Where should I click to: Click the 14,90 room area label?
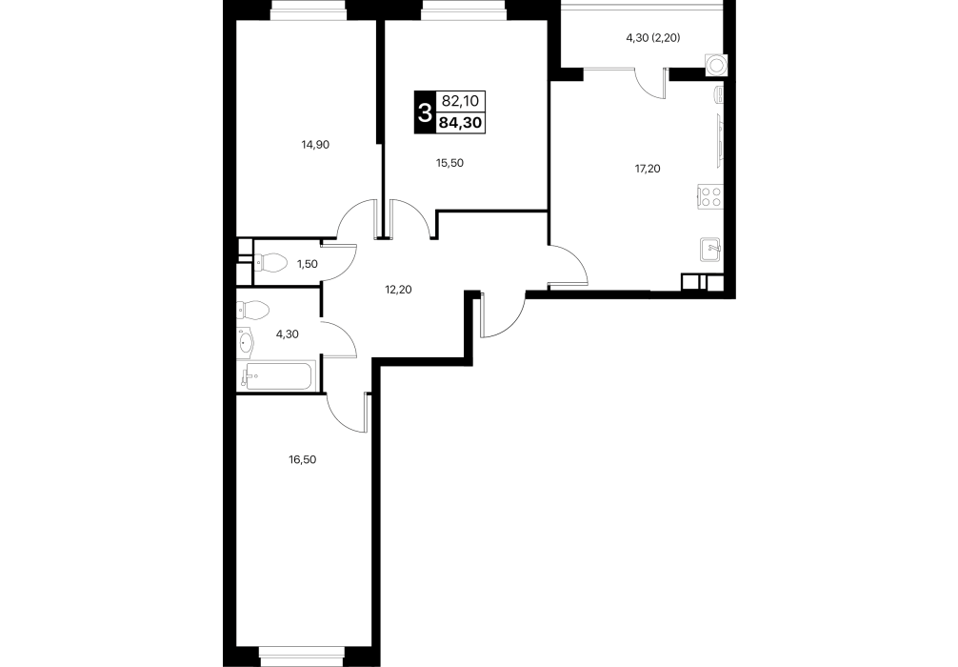315,145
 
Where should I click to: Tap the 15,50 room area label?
449,163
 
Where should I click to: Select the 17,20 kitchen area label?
648,169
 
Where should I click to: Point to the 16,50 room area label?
303,459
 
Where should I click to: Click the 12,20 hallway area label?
398,290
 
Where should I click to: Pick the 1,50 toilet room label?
308,264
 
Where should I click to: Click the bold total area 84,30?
460,123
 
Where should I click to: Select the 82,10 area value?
459,100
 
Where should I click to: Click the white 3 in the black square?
424,111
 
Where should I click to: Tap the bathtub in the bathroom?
279,376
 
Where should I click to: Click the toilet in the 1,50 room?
269,264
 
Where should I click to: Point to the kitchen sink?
711,249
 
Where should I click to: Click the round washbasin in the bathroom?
246,341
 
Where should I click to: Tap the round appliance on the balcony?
715,64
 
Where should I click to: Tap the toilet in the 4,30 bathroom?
252,310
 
